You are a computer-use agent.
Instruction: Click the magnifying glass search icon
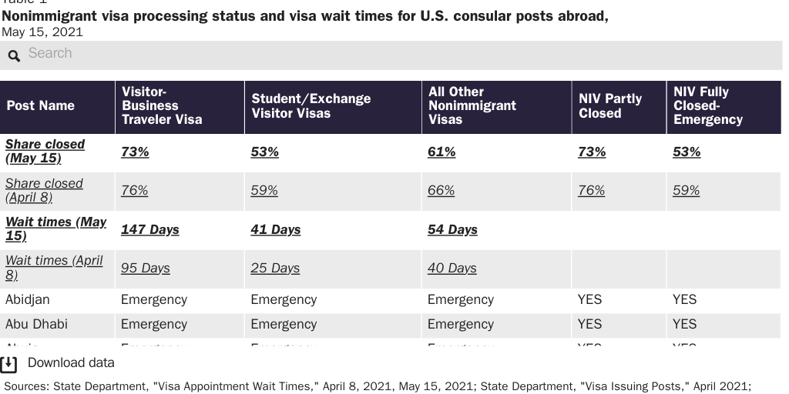coord(14,55)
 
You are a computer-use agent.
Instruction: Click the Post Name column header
coord(40,106)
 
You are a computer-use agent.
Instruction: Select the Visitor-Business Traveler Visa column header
coord(162,106)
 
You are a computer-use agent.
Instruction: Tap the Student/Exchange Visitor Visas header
coord(311,106)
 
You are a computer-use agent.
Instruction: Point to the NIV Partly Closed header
coord(610,106)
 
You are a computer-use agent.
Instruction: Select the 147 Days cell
coord(150,230)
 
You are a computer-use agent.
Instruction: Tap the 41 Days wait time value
coord(275,230)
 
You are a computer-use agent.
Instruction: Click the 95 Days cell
coord(146,269)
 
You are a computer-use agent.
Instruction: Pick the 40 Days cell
coord(452,269)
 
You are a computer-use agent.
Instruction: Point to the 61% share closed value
coord(442,152)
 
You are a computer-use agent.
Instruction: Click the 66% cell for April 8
coord(442,191)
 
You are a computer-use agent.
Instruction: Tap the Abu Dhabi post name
coord(36,325)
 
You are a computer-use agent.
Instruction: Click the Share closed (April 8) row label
coord(44,190)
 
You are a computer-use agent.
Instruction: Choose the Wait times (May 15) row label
coord(55,229)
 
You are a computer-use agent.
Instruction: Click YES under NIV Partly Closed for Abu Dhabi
coord(589,325)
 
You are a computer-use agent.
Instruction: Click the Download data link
coord(71,363)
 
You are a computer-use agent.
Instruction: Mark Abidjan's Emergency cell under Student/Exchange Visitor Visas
coord(284,300)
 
